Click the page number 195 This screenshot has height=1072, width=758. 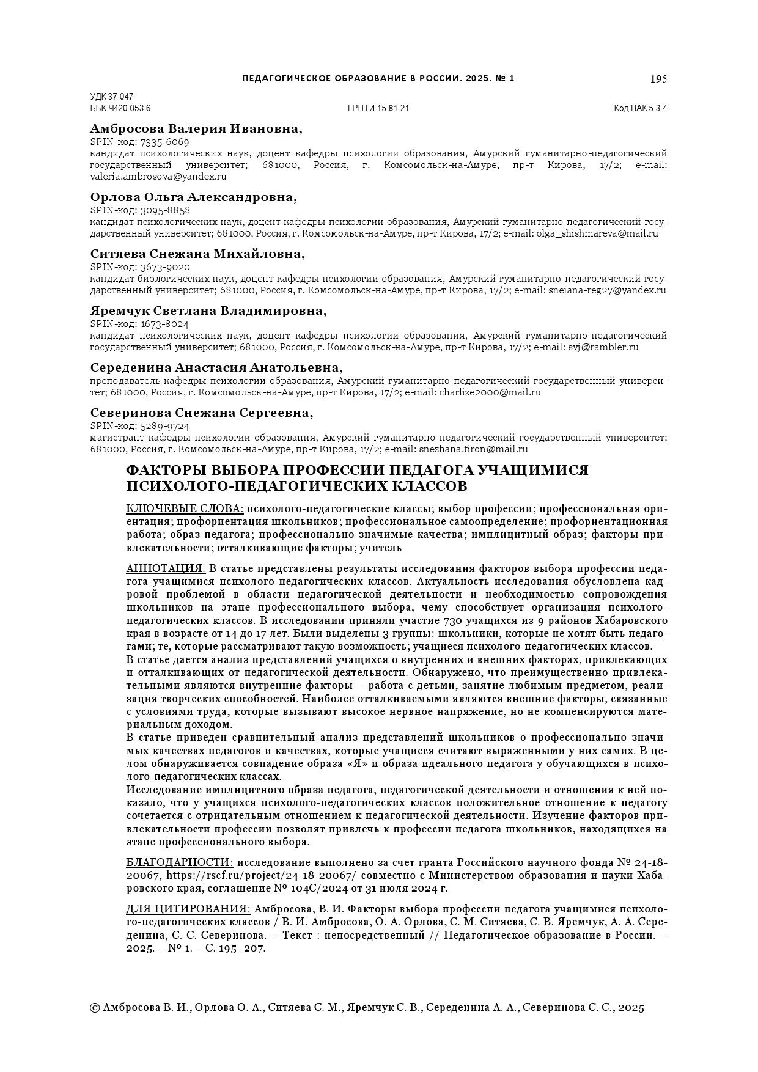(658, 79)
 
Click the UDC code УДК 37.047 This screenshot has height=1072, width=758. (111, 97)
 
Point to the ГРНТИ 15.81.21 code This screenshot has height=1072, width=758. (378, 108)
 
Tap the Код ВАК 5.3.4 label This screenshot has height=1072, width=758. (640, 108)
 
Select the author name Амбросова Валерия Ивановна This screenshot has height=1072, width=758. (196, 129)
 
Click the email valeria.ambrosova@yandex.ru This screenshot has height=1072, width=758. (158, 177)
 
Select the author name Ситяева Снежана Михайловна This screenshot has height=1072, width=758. (197, 254)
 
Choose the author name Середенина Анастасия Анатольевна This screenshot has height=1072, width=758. (216, 368)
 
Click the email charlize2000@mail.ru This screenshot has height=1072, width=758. (490, 392)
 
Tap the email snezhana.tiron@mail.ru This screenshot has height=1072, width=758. (473, 449)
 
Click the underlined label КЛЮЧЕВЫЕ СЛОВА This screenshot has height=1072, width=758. (185, 508)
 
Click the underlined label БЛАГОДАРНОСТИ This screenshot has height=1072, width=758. (180, 862)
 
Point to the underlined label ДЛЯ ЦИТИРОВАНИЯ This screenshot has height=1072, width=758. (188, 909)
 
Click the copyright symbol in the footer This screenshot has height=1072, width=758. (95, 1008)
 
